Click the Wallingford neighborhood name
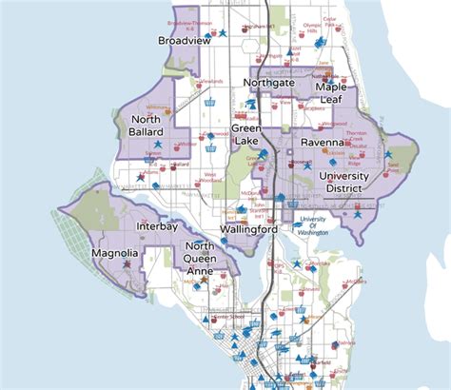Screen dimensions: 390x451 (248, 229)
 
